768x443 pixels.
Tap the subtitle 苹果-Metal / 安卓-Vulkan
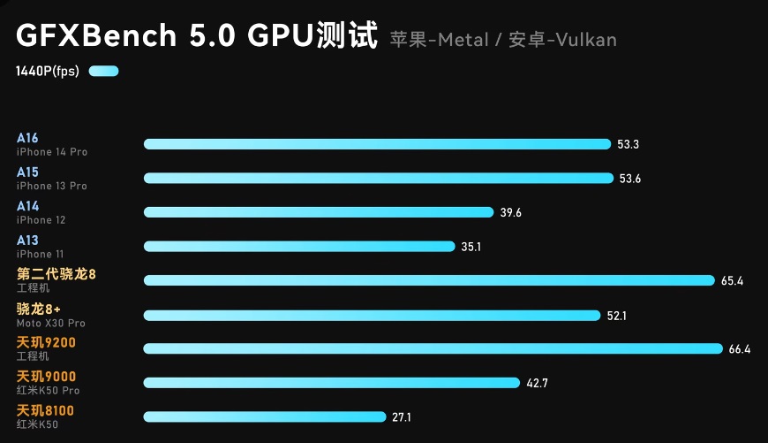[503, 40]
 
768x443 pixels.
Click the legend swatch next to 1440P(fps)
[103, 72]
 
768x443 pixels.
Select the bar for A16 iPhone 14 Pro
[377, 144]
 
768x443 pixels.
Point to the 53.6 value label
[630, 179]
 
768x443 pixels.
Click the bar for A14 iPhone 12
[318, 212]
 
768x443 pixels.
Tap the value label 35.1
[471, 247]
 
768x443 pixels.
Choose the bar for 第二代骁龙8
[428, 280]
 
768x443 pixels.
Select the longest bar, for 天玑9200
[433, 348]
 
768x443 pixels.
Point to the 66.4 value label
[740, 349]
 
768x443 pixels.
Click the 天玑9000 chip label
[47, 377]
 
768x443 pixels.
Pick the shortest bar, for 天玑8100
[265, 416]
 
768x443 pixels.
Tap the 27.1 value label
[402, 417]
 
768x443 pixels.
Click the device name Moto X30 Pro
[51, 324]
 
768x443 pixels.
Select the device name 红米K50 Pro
[48, 391]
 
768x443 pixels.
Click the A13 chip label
[27, 240]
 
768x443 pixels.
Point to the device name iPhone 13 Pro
[52, 186]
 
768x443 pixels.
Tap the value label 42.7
[537, 383]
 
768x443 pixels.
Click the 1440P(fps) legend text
[48, 72]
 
